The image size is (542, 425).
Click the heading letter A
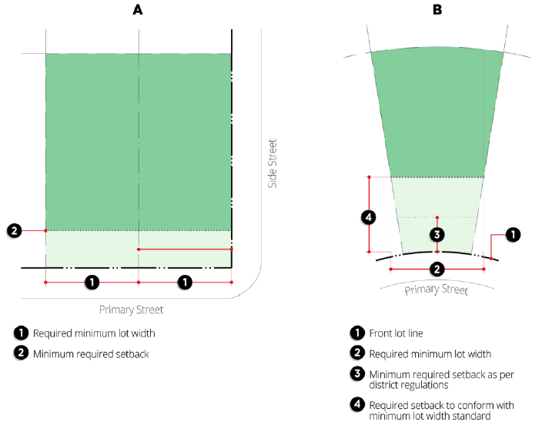pyautogui.click(x=138, y=10)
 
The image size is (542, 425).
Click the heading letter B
pyautogui.click(x=437, y=10)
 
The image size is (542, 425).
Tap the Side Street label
pyautogui.click(x=273, y=163)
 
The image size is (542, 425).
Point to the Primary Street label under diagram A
pyautogui.click(x=131, y=310)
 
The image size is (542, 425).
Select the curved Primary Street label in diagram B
pyautogui.click(x=437, y=289)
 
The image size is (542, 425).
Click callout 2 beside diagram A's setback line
pyautogui.click(x=14, y=231)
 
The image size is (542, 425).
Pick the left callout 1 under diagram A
pyautogui.click(x=92, y=283)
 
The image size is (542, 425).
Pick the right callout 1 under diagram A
pyautogui.click(x=185, y=283)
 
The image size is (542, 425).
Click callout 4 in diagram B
pyautogui.click(x=369, y=218)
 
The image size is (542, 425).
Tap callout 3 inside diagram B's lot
pyautogui.click(x=437, y=235)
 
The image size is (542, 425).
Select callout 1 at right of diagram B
pyautogui.click(x=513, y=235)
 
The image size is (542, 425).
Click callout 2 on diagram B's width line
pyautogui.click(x=437, y=269)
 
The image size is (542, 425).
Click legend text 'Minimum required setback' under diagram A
pyautogui.click(x=91, y=354)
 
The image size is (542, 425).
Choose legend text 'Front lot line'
pyautogui.click(x=396, y=333)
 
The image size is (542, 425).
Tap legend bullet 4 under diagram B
pyautogui.click(x=357, y=405)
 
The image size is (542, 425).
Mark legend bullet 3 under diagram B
pyautogui.click(x=357, y=374)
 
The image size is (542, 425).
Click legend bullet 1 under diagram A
pyautogui.click(x=21, y=333)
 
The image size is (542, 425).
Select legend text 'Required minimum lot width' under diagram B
pyautogui.click(x=430, y=354)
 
